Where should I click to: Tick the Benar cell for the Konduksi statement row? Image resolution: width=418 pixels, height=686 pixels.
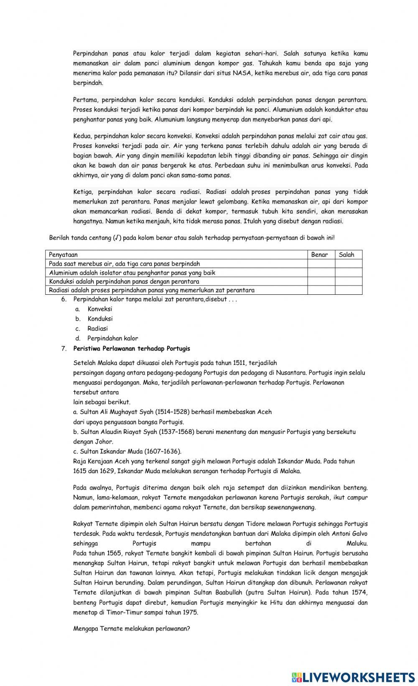(321, 281)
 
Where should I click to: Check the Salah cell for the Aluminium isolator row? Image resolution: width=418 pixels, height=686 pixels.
(348, 273)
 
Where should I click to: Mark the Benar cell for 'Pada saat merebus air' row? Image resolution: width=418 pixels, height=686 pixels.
(321, 264)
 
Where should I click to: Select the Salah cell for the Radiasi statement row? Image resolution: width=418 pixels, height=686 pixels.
(348, 290)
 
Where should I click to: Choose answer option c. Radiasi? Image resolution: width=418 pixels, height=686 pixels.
(97, 329)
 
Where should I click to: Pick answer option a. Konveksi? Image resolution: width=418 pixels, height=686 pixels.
(99, 309)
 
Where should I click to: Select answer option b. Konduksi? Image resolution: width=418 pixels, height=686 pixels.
(100, 319)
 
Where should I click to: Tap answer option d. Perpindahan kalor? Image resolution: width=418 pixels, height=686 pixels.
(112, 339)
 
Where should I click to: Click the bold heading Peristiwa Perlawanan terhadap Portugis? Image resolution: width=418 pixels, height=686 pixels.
(132, 348)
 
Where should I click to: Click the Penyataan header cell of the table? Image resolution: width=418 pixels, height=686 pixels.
(63, 255)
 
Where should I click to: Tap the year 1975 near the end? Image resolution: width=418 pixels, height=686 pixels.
(191, 613)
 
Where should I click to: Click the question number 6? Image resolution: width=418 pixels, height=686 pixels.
(64, 299)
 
